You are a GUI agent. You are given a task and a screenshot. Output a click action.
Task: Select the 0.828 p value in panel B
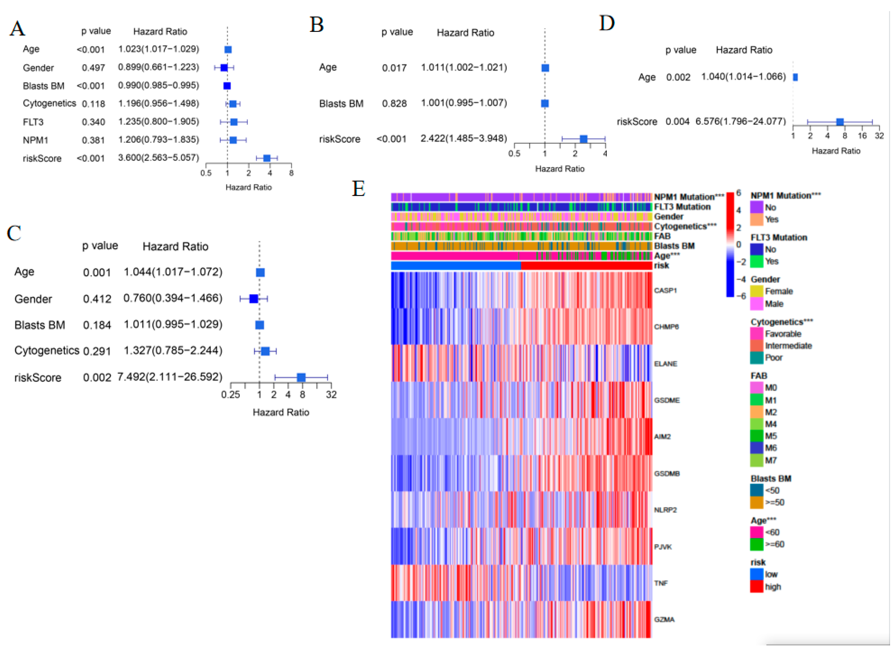pyautogui.click(x=394, y=103)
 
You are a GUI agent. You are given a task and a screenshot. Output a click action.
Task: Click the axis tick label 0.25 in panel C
pyautogui.click(x=230, y=395)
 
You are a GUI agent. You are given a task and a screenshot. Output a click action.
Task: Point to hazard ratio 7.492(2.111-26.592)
pyautogui.click(x=170, y=377)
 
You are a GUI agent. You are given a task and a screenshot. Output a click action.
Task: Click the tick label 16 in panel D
pyautogui.click(x=862, y=136)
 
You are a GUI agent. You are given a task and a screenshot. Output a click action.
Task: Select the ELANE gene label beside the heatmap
pyautogui.click(x=665, y=363)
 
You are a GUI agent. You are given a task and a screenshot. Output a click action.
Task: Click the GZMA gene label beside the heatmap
pyautogui.click(x=664, y=619)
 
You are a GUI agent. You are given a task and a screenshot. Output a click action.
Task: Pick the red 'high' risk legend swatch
pyautogui.click(x=756, y=586)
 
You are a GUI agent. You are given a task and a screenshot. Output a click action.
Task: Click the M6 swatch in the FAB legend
pyautogui.click(x=756, y=448)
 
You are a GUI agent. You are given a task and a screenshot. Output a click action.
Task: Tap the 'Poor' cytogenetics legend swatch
pyautogui.click(x=756, y=358)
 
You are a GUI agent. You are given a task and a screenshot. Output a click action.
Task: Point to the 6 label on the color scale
pyautogui.click(x=739, y=193)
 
